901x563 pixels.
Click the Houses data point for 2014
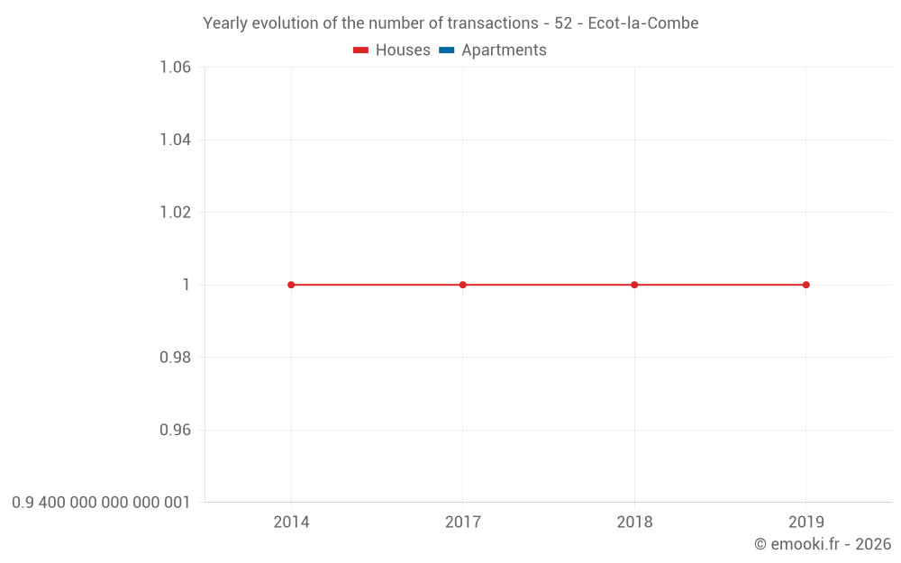pos(291,285)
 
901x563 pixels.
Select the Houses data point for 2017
pos(463,285)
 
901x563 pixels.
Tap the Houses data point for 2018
pos(634,285)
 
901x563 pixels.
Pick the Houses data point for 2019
pos(805,285)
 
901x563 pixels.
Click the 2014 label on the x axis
pos(291,522)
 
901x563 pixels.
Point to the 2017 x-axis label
pos(463,522)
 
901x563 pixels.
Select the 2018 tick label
pos(634,522)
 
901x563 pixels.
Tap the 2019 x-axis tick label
pos(805,522)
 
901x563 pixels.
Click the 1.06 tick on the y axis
pos(175,68)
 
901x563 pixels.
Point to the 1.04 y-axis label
pos(175,140)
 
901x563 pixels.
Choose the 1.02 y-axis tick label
pos(175,213)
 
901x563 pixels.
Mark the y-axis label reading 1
pos(187,285)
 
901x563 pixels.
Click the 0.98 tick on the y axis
pos(175,358)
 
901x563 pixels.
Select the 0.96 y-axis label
pos(175,430)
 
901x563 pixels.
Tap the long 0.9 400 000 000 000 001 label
pos(101,502)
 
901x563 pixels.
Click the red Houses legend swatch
pos(360,50)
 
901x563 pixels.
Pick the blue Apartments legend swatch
pos(446,50)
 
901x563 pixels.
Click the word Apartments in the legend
pos(504,50)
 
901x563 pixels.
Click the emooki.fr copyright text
pos(823,544)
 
